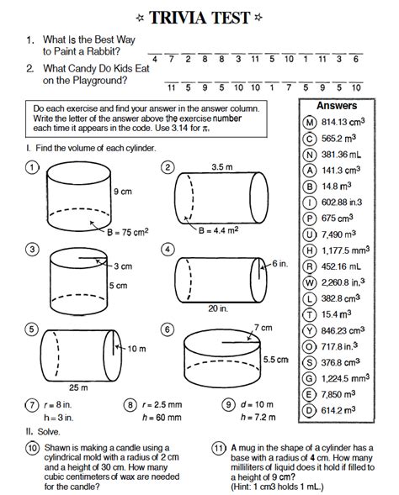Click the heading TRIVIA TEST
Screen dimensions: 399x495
pyautogui.click(x=199, y=18)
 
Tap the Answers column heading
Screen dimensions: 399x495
pyautogui.click(x=337, y=105)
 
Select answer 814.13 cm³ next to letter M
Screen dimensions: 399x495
pyautogui.click(x=343, y=122)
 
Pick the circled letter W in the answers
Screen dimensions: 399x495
pyautogui.click(x=310, y=282)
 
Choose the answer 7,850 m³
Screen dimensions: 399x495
pyautogui.click(x=338, y=394)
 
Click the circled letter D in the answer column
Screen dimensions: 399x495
pyautogui.click(x=309, y=410)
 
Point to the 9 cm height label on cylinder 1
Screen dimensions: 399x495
pyautogui.click(x=123, y=192)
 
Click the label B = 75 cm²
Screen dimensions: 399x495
pyautogui.click(x=128, y=232)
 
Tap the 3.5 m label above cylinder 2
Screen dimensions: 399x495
pyautogui.click(x=222, y=167)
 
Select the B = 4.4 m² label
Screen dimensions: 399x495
pyautogui.click(x=219, y=230)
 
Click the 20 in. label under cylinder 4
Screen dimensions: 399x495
pyautogui.click(x=218, y=308)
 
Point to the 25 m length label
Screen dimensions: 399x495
pyautogui.click(x=78, y=387)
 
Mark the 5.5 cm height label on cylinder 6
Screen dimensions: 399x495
pyautogui.click(x=276, y=360)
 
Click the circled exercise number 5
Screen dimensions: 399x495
pyautogui.click(x=32, y=329)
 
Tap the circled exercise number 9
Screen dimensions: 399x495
pyautogui.click(x=228, y=405)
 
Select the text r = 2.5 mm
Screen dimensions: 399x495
pyautogui.click(x=162, y=405)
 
